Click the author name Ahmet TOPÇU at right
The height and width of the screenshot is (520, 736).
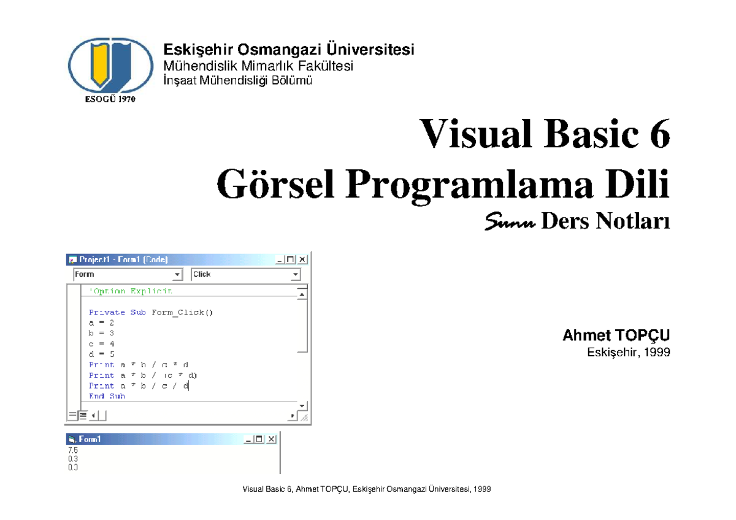(616, 336)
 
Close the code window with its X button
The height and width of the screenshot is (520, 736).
(302, 259)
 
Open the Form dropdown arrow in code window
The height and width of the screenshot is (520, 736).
(177, 275)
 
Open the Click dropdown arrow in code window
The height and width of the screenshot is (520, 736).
(295, 275)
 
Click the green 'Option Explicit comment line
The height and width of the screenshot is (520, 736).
(130, 291)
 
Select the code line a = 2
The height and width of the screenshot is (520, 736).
(101, 323)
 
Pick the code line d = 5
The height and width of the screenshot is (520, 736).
(101, 354)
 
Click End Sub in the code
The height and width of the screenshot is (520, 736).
(107, 396)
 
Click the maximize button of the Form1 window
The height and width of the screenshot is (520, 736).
(259, 439)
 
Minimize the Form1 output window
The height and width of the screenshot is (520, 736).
(248, 439)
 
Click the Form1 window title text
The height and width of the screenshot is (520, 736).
(90, 439)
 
